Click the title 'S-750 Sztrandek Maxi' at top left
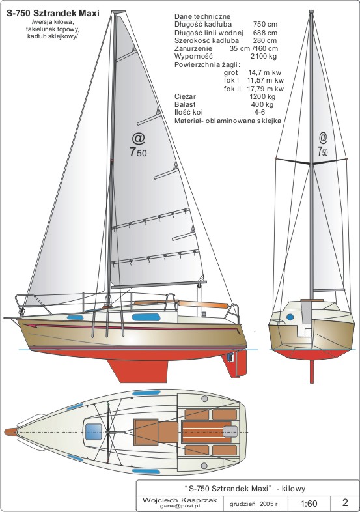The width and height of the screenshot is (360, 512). pos(53,14)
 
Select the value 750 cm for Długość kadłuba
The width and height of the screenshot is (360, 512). pos(265,25)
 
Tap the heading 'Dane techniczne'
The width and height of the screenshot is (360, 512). pos(202,17)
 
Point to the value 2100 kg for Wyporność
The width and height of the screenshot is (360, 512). pos(264,56)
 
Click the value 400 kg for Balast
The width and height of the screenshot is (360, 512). pos(262,104)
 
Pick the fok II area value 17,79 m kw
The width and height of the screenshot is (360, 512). pos(265,89)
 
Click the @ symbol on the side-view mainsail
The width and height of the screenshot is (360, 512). pos(139,138)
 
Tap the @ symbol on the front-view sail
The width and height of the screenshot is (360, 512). pos(323,137)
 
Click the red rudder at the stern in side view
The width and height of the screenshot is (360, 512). pos(236,364)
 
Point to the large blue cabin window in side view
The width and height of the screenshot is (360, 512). pos(146,317)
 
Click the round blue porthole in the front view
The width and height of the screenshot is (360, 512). pos(290,317)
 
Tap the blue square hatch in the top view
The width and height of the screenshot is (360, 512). pos(93,432)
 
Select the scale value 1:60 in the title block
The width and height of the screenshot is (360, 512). pos(308,503)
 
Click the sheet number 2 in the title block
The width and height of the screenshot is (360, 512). pos(345,502)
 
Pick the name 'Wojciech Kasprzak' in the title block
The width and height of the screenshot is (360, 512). pos(180,500)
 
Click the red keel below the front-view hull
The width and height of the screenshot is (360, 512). pos(312,371)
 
